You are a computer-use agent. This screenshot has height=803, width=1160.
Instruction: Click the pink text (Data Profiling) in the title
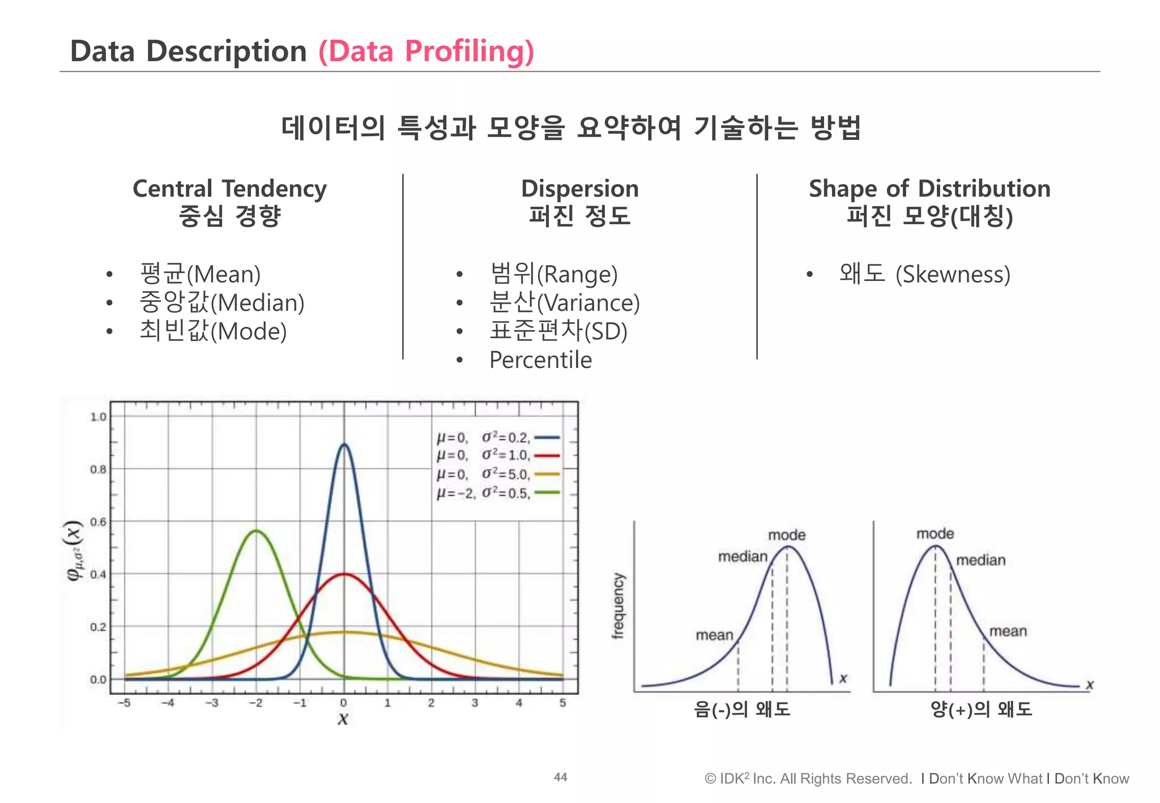[426, 51]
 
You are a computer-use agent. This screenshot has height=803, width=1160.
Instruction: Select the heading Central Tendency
[229, 189]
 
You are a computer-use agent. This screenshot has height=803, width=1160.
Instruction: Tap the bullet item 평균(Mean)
[200, 274]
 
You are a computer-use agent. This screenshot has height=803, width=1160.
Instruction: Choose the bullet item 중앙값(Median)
[221, 302]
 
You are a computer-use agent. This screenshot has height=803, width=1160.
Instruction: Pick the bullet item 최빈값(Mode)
[213, 331]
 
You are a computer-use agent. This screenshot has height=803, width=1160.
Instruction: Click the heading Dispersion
[579, 189]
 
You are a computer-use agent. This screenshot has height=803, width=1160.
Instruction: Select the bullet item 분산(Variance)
[564, 302]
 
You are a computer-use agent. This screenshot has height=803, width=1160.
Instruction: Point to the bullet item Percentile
[540, 360]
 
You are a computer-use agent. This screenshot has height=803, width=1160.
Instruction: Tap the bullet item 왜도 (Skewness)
[924, 274]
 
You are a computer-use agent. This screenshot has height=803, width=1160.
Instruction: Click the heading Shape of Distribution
[929, 189]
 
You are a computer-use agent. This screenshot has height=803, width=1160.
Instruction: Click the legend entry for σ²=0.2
[498, 438]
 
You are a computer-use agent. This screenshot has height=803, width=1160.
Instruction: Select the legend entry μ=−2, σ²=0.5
[498, 493]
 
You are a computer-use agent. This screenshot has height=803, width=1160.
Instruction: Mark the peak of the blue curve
[344, 445]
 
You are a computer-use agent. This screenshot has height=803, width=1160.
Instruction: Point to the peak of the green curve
[256, 531]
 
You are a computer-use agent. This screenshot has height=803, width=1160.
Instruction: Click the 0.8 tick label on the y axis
[98, 469]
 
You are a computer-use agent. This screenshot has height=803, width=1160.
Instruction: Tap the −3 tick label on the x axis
[211, 703]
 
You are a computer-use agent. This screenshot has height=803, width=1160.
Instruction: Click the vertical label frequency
[618, 605]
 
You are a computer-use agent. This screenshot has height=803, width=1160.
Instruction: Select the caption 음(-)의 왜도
[741, 709]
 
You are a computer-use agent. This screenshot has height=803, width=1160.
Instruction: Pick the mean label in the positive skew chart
[1008, 631]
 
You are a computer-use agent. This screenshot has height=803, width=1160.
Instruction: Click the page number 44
[560, 777]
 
